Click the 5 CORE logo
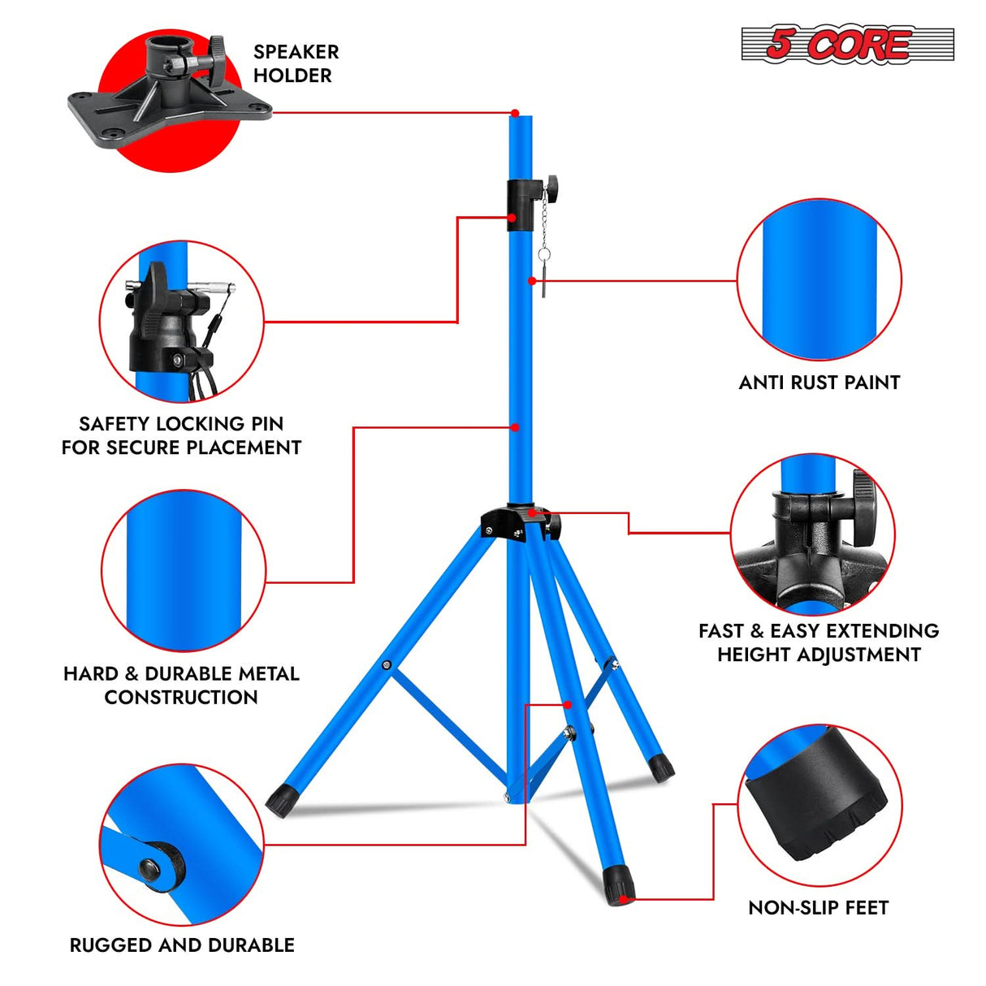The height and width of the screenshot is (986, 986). (x=846, y=44)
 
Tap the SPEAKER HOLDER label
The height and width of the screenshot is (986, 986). (x=296, y=63)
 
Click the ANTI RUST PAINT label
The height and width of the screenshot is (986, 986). (x=819, y=383)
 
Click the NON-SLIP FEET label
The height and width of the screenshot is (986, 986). (x=818, y=907)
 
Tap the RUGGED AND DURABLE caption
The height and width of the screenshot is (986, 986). (x=182, y=945)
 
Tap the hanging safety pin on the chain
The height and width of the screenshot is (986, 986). (x=543, y=271)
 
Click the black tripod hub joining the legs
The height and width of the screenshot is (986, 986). (x=515, y=523)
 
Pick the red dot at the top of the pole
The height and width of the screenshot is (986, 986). (x=515, y=113)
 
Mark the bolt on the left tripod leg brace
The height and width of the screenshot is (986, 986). (x=387, y=666)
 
